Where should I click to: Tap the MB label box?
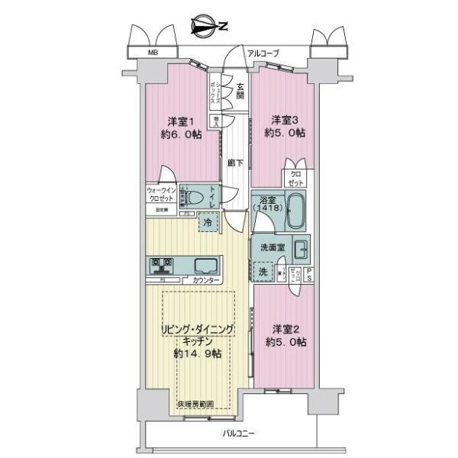coord(153,53)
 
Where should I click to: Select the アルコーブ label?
coord(263,53)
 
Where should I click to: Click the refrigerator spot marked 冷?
coord(208,222)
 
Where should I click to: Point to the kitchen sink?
coord(206,266)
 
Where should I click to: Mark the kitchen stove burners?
coord(162,266)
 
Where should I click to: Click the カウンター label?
coord(206,281)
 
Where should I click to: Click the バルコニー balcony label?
coord(239,432)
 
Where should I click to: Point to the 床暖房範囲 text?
coord(195,404)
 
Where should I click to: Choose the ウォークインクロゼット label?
coord(162,194)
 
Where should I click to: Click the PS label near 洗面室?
coord(309,276)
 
